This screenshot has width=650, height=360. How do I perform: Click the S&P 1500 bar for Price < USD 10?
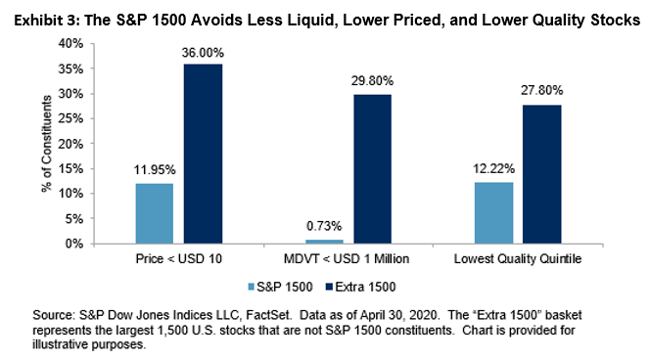coord(155,213)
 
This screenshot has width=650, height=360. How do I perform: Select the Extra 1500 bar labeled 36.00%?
coord(204,154)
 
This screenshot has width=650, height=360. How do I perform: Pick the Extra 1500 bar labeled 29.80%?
coord(372,169)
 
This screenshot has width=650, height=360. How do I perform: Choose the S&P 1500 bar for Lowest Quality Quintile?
coord(493,213)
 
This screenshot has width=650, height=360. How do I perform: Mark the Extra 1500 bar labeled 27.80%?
coord(541,174)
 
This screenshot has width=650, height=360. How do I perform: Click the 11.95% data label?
coord(155,170)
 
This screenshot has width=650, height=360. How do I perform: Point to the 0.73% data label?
coord(324,226)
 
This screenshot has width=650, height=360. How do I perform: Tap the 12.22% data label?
coord(493,168)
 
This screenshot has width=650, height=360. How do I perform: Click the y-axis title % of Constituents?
coord(47,144)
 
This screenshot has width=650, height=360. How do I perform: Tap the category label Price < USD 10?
coord(179,259)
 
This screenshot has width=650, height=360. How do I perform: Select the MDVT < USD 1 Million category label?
coord(347,259)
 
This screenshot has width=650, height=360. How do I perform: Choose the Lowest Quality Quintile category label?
coord(518,259)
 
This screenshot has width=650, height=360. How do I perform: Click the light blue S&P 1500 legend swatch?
coord(252,287)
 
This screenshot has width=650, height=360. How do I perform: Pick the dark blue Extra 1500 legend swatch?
coord(330,287)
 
